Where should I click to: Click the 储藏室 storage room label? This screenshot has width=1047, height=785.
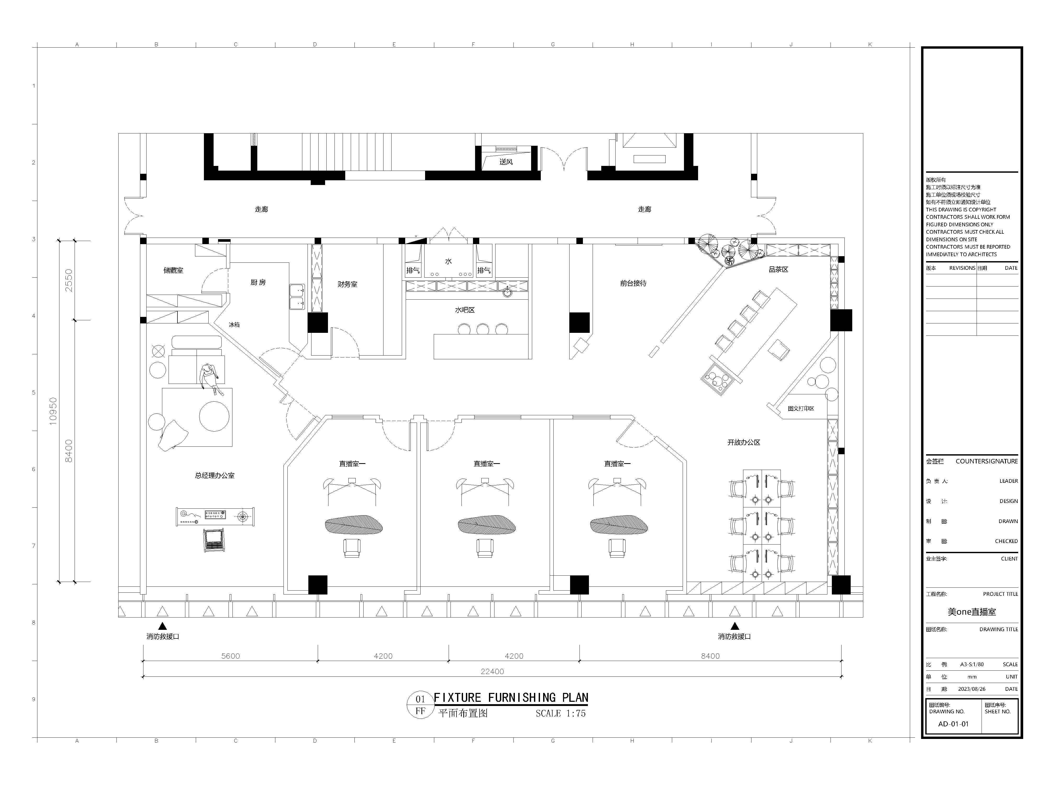pos(173,271)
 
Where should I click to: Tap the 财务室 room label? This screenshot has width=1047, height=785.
pos(347,284)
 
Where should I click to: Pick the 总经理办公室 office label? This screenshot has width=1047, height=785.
pos(215,475)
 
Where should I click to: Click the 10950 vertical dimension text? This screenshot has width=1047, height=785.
pos(53,411)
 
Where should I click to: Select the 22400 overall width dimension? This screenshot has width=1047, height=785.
pos(492,671)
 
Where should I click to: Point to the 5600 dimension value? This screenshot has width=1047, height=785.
pos(231,656)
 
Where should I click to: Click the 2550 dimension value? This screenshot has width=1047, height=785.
pos(69,280)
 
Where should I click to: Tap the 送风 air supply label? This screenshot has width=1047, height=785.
pos(506,162)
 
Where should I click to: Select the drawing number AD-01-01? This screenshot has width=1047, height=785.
pos(953,724)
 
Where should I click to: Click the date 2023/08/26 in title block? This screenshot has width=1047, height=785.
pos(972,689)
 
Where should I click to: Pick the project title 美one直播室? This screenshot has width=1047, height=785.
pos(972,612)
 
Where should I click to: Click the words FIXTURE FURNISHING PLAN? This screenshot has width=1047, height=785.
pos(511,697)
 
